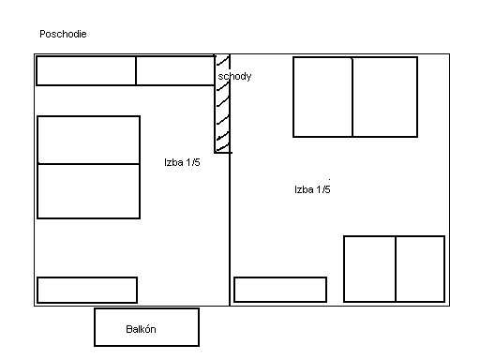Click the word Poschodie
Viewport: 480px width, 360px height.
pos(63,34)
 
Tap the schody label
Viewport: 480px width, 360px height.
pos(234,76)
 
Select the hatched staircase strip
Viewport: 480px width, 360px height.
pos(222,104)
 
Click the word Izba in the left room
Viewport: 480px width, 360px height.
pos(173,162)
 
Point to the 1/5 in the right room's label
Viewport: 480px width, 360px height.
pos(323,189)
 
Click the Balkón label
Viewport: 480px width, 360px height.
pos(141,329)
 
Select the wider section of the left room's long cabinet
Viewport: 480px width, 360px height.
pos(86,70)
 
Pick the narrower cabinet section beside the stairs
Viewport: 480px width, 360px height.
pos(175,70)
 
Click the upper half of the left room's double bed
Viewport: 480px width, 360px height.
pos(88,140)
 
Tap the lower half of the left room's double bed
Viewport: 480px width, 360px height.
pos(88,191)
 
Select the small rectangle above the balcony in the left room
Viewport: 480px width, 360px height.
pos(87,290)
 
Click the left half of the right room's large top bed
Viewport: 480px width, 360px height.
pos(323,97)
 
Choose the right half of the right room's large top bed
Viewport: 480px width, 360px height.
pos(385,97)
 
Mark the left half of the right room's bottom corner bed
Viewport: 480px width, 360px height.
pos(369,269)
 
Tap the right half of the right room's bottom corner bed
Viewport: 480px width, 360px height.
pos(420,269)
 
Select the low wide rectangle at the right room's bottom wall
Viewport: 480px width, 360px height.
pos(280,290)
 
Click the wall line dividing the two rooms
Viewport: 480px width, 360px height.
pos(230,180)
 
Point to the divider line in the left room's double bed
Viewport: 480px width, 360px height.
pos(88,164)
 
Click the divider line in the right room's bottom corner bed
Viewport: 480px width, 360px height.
pos(396,269)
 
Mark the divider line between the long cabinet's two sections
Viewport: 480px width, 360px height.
pos(136,70)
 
